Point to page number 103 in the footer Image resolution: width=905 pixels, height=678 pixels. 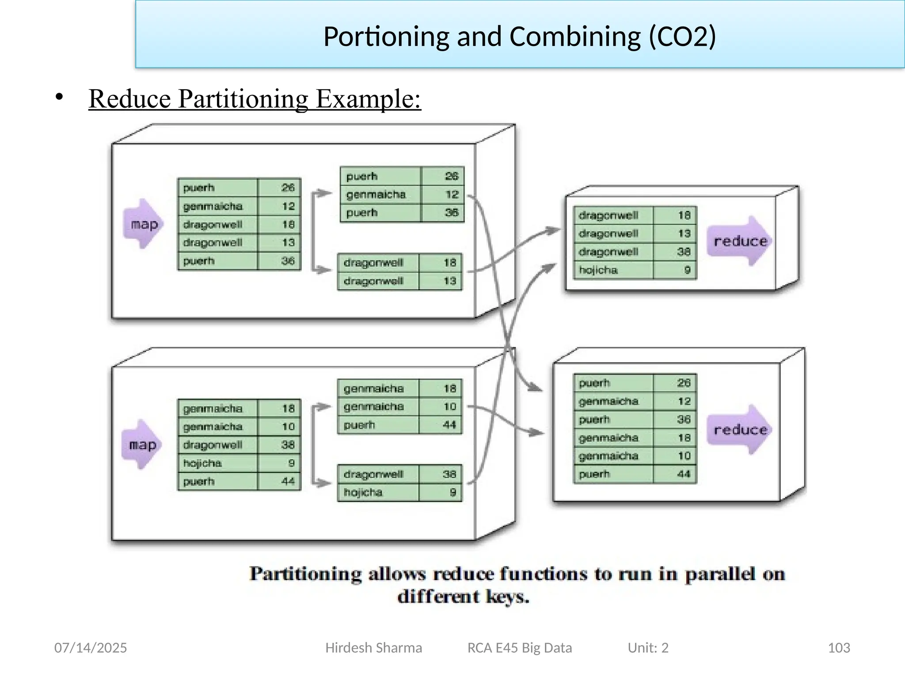(x=838, y=648)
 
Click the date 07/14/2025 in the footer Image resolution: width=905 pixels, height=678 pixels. (x=91, y=648)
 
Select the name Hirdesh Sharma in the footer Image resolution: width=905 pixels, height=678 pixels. (x=373, y=648)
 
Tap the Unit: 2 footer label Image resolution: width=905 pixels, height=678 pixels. (x=648, y=648)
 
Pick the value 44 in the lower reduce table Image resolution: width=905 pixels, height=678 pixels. (x=683, y=474)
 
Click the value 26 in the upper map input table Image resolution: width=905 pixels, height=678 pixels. (x=288, y=188)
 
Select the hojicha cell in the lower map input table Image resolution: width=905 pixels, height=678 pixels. (x=202, y=463)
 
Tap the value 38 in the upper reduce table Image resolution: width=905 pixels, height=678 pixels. (x=683, y=252)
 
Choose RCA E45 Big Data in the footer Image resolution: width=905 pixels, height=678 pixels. (x=520, y=648)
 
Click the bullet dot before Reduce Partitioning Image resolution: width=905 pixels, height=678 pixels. (x=59, y=97)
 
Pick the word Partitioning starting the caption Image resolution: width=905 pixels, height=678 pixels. (x=305, y=574)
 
